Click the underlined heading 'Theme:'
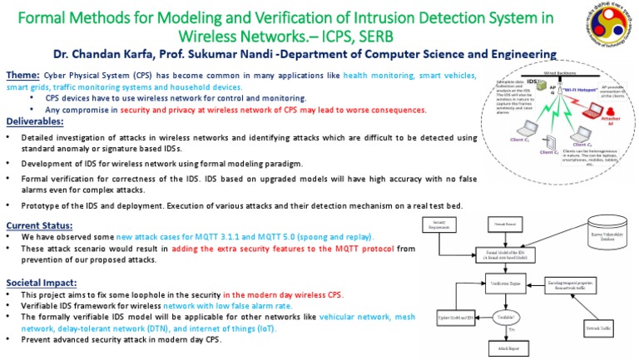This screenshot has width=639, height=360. (22, 75)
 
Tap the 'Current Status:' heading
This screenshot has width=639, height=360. (39, 225)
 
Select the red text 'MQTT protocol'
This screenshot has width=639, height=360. (362, 248)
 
